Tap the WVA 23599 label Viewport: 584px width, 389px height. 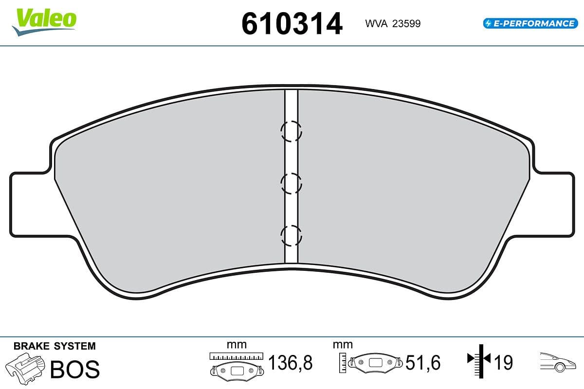393,23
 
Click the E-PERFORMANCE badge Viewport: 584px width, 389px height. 529,23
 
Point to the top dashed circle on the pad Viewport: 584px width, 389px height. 291,131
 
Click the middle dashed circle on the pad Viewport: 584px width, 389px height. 291,183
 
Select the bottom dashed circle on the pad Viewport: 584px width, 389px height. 291,236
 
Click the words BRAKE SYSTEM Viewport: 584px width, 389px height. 55,346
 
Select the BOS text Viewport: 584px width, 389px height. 75,369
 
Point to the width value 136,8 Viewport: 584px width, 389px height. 290,363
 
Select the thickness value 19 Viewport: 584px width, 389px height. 503,363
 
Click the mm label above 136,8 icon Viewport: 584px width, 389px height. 237,345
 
